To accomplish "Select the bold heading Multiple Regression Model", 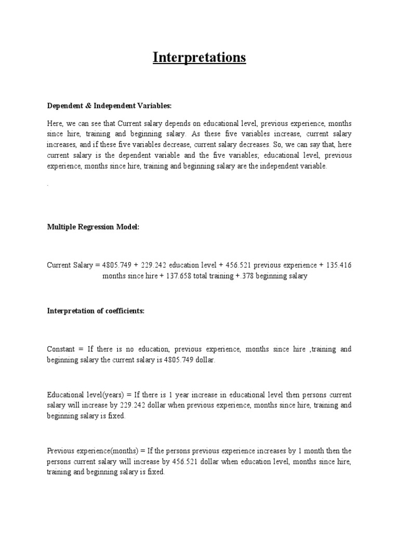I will click(93, 227).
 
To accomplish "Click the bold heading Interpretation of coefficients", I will click(95, 311).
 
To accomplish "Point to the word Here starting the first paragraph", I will click(55, 124).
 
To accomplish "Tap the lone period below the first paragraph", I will click(48, 185).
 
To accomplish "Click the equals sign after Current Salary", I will click(97, 265).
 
